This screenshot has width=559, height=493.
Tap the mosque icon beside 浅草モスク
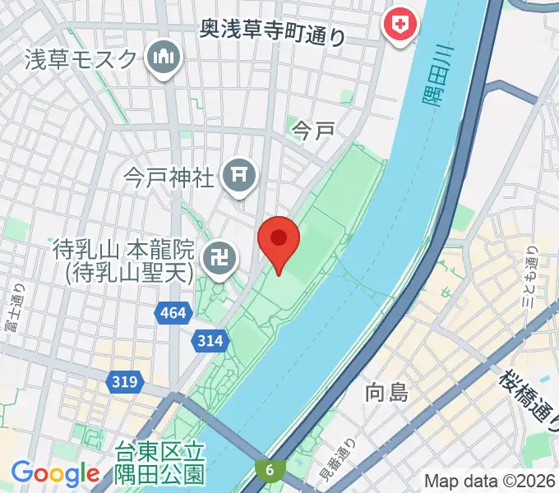(x=164, y=58)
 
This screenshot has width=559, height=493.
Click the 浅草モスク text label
(x=80, y=59)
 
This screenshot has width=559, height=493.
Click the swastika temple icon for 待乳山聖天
(x=221, y=259)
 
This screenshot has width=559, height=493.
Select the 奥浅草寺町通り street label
(x=274, y=33)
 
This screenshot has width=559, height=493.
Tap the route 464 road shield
(x=173, y=312)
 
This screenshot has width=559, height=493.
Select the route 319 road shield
(x=127, y=381)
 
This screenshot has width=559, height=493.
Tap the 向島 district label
(x=386, y=393)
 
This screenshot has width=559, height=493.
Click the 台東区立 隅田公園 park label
(x=160, y=464)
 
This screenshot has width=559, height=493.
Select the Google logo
(x=54, y=472)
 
